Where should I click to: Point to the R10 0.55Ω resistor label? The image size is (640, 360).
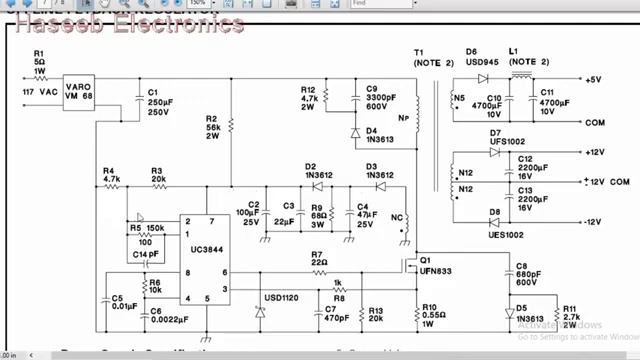432,314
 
